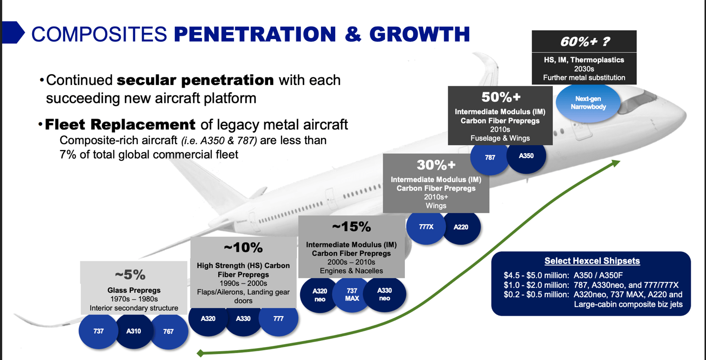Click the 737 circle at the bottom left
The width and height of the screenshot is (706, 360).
click(99, 331)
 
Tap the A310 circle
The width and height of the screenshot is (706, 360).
click(133, 331)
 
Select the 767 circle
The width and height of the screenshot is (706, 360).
click(168, 331)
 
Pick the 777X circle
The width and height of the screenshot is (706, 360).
click(426, 227)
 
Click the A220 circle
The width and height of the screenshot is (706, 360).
click(461, 227)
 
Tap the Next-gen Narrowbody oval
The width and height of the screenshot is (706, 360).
click(588, 103)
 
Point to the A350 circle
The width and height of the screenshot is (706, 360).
click(526, 156)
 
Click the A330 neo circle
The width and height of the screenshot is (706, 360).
click(384, 294)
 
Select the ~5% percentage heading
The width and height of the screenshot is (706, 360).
click(130, 275)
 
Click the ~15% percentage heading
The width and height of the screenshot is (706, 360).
click(351, 227)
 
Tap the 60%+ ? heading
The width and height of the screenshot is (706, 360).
click(584, 42)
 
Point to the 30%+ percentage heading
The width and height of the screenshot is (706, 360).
click(436, 164)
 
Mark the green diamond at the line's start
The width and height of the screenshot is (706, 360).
click(200, 353)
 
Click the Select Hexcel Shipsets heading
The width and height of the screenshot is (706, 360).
click(592, 261)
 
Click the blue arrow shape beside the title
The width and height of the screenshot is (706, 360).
click(13, 33)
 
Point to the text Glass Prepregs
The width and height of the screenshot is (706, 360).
click(134, 290)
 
